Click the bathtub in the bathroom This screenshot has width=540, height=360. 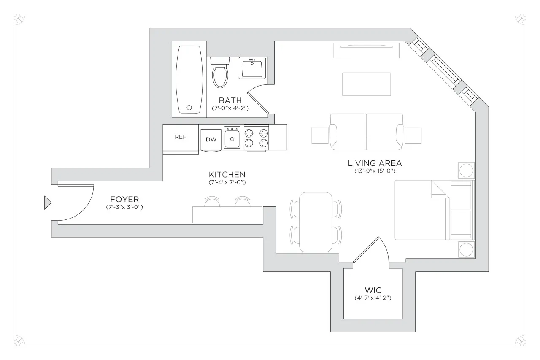(189, 79)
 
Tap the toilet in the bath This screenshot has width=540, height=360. (220, 73)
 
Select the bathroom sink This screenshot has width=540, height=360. (253, 68)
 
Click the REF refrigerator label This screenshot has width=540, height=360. (181, 137)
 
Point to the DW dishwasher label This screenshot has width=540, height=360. (211, 140)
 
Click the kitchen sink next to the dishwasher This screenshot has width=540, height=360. (232, 138)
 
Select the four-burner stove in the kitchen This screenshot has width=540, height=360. (256, 138)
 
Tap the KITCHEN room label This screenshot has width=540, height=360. (227, 174)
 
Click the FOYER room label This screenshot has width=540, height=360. (124, 199)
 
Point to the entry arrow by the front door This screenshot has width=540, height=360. (47, 203)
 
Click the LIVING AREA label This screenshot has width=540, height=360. (375, 163)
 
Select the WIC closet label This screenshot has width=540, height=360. (373, 290)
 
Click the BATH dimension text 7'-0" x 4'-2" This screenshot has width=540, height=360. (230, 108)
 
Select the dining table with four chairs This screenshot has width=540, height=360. (316, 222)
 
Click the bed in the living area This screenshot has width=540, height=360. (422, 210)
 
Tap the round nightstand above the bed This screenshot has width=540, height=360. (466, 171)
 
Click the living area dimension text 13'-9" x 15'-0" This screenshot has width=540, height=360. (375, 171)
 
